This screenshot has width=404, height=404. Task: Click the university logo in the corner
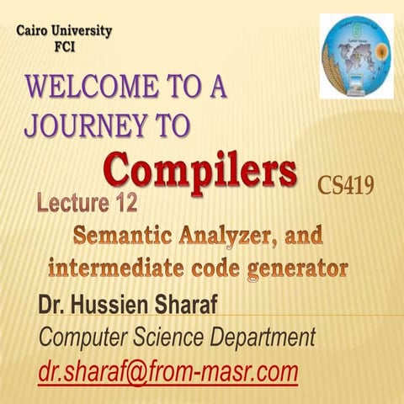point(356,56)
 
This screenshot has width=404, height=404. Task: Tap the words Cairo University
point(65,32)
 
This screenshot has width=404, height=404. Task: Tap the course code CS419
point(345,184)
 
